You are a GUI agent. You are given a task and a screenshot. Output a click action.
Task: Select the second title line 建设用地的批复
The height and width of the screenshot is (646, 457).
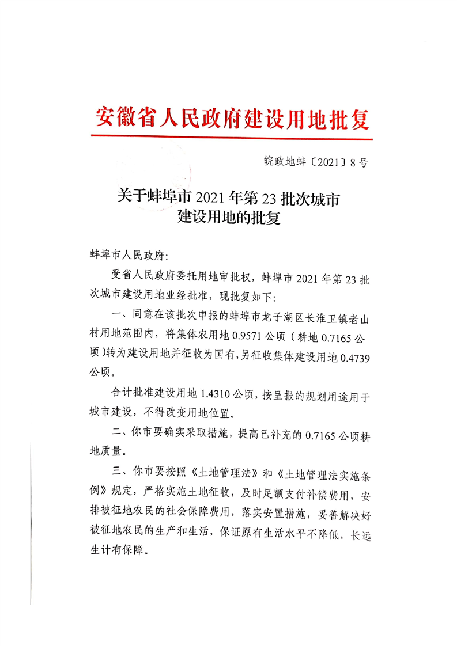pos(229,219)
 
